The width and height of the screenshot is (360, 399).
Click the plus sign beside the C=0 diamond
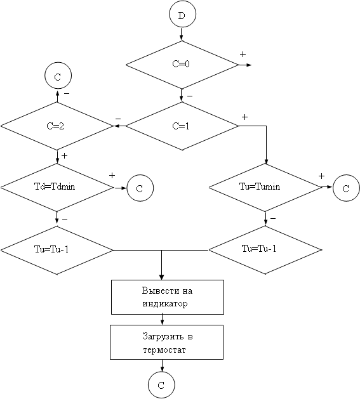243,54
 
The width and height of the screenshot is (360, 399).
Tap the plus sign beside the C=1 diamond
244,117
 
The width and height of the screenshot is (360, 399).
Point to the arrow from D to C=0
182,34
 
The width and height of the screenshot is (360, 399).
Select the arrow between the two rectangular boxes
163,320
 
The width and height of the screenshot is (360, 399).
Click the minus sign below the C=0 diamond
190,96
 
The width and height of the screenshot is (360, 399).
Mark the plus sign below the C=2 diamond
65,155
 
